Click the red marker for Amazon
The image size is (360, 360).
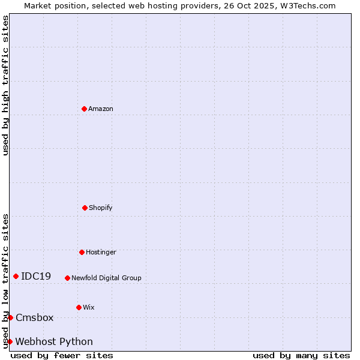(85, 109)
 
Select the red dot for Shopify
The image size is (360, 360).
(85, 208)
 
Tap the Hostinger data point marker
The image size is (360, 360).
(82, 252)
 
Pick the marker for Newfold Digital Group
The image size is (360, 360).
(67, 278)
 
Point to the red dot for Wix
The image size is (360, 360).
(79, 307)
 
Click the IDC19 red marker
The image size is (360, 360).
(16, 276)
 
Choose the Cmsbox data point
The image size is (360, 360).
(10, 317)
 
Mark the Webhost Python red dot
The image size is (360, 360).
(10, 341)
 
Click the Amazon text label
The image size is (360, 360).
(101, 109)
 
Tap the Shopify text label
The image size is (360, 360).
(101, 208)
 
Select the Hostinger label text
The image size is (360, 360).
(101, 252)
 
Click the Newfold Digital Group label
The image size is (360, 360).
(106, 278)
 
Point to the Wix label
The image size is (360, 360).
(89, 307)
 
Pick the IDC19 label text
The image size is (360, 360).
(36, 276)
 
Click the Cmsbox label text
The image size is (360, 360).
(35, 317)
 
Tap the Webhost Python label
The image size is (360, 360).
(54, 341)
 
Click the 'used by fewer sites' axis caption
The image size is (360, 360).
(62, 355)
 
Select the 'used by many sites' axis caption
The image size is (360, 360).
(301, 355)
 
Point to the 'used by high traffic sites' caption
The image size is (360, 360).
(5, 85)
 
